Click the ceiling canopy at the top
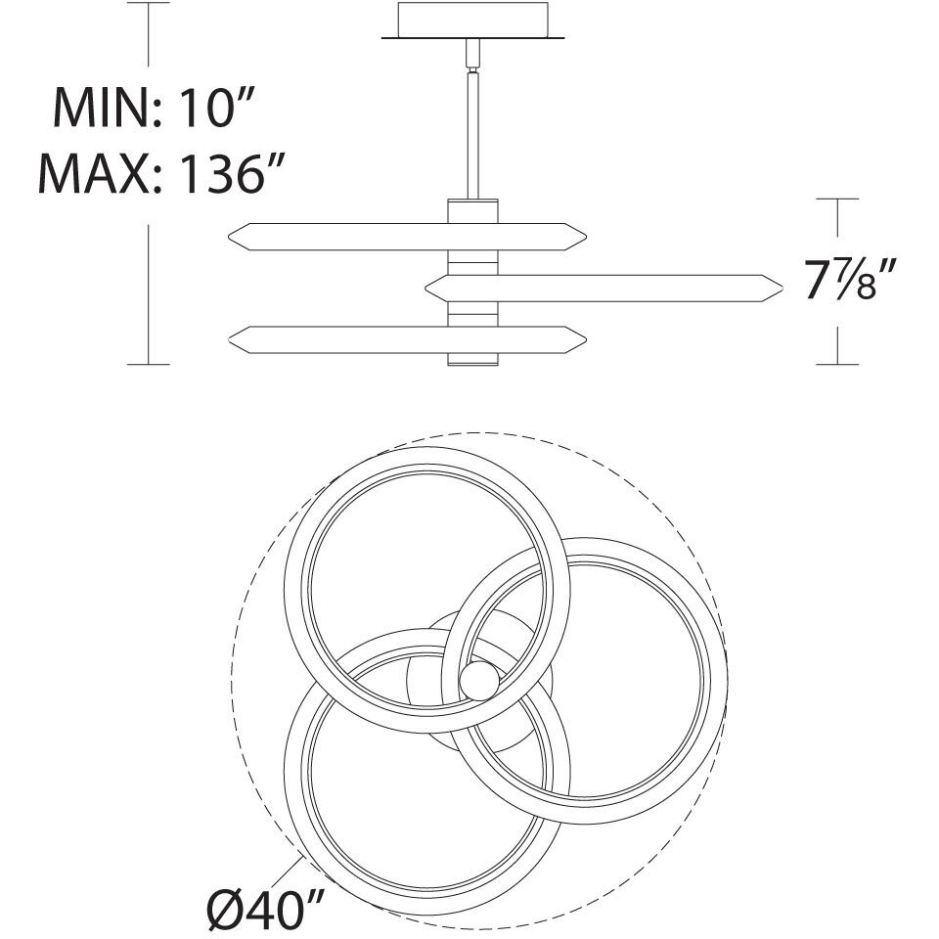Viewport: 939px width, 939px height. [x=473, y=21]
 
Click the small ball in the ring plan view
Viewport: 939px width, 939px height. [x=479, y=681]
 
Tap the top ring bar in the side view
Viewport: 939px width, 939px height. [x=407, y=237]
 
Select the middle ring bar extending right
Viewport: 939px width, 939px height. [x=604, y=288]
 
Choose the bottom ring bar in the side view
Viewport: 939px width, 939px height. [x=407, y=339]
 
